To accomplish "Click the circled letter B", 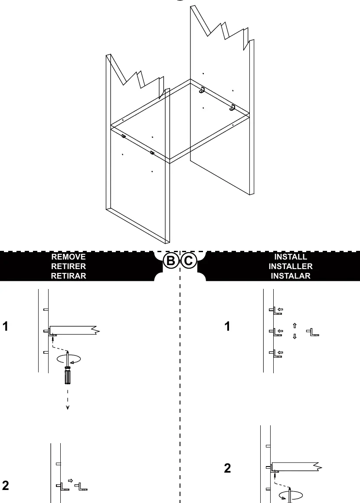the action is pyautogui.click(x=170, y=260).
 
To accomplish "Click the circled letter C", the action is pyautogui.click(x=189, y=260).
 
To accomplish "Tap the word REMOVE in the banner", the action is pyautogui.click(x=68, y=257).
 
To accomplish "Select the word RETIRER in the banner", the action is pyautogui.click(x=68, y=266).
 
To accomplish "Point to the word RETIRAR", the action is pyautogui.click(x=68, y=276).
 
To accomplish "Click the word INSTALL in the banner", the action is pyautogui.click(x=291, y=257).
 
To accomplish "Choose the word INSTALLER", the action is pyautogui.click(x=291, y=266).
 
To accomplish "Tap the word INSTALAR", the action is pyautogui.click(x=291, y=276).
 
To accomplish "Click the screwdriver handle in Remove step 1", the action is pyautogui.click(x=67, y=375).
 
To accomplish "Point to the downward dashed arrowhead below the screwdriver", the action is pyautogui.click(x=68, y=408).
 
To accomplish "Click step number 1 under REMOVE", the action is pyautogui.click(x=5, y=326).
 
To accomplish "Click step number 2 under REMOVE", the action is pyautogui.click(x=6, y=485).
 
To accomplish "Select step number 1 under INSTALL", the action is pyautogui.click(x=227, y=326).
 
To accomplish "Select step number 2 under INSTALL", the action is pyautogui.click(x=227, y=468).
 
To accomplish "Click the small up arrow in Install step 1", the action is pyautogui.click(x=295, y=325).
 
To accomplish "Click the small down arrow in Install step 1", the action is pyautogui.click(x=295, y=336).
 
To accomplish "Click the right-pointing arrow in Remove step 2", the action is pyautogui.click(x=71, y=480).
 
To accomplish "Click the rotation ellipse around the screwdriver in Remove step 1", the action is pyautogui.click(x=69, y=359).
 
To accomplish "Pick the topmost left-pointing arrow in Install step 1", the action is pyautogui.click(x=280, y=309).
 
